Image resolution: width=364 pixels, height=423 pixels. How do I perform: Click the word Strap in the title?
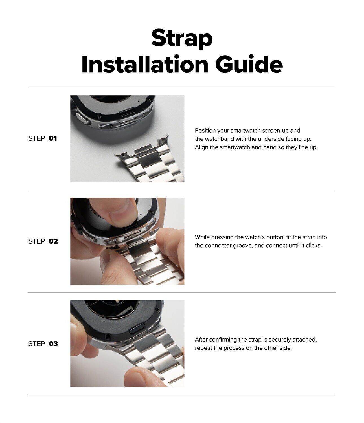click(182, 38)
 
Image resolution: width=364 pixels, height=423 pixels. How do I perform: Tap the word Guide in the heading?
click(249, 64)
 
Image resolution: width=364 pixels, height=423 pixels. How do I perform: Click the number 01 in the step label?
click(53, 138)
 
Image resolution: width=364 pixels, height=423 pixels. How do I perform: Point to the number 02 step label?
click(53, 241)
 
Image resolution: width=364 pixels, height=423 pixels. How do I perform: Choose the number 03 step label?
click(53, 344)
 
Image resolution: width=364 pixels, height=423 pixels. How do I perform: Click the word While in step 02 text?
click(202, 237)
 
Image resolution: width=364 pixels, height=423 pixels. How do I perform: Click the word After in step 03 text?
click(201, 340)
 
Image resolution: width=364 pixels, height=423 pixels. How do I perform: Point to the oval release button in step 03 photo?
click(138, 326)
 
